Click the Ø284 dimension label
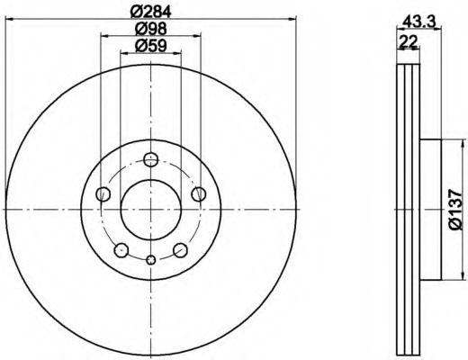click(151, 12)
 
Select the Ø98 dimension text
click(150, 29)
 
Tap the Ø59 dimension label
click(150, 46)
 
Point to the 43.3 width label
click(418, 22)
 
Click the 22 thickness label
click(408, 41)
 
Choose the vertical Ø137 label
click(456, 209)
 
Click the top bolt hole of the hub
click(150, 159)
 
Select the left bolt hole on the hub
click(103, 194)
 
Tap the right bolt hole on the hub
click(199, 194)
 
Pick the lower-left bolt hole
click(121, 250)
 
